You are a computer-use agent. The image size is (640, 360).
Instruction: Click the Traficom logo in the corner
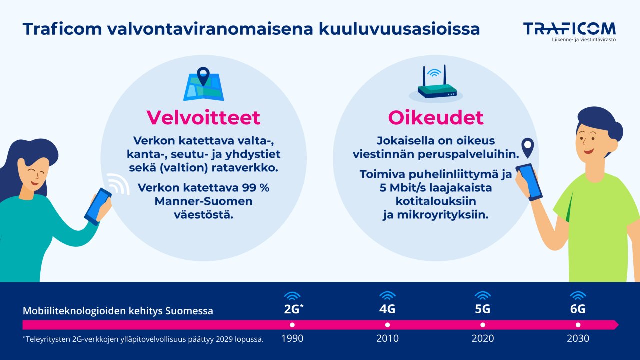[569, 31]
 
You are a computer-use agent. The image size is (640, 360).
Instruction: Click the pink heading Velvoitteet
[203, 118]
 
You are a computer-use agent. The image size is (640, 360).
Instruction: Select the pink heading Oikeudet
[436, 118]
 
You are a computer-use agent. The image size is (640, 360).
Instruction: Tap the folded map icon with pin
[203, 86]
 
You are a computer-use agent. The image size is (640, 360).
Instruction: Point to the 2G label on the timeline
[292, 309]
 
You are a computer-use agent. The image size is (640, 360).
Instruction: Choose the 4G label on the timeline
[387, 309]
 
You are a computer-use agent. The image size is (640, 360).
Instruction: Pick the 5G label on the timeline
[482, 309]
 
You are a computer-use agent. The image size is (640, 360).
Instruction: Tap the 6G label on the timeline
[578, 309]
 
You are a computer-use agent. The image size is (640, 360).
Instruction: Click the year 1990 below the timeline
[292, 339]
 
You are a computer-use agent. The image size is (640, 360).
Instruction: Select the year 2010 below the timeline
[387, 339]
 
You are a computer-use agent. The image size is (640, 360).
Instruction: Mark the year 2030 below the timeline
[578, 339]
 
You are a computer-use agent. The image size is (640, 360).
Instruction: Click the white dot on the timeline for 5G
[483, 325]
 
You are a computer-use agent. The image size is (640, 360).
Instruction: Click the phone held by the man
[529, 182]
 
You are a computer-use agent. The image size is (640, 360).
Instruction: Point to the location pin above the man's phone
[527, 147]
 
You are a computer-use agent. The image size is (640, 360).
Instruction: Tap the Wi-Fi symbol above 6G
[578, 295]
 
